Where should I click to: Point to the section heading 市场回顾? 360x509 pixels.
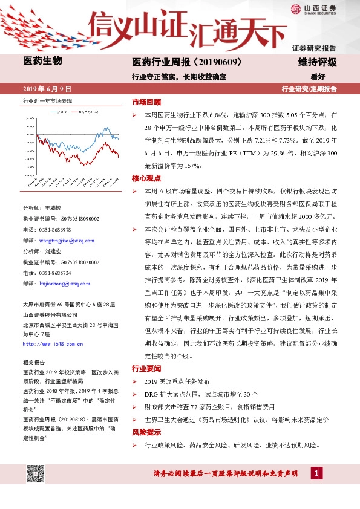point(146,102)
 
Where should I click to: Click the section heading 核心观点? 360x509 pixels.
point(146,178)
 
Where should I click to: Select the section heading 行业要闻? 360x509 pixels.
point(146,368)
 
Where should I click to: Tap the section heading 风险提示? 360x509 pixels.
point(146,433)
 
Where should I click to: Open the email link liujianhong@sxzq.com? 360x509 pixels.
point(65,283)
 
